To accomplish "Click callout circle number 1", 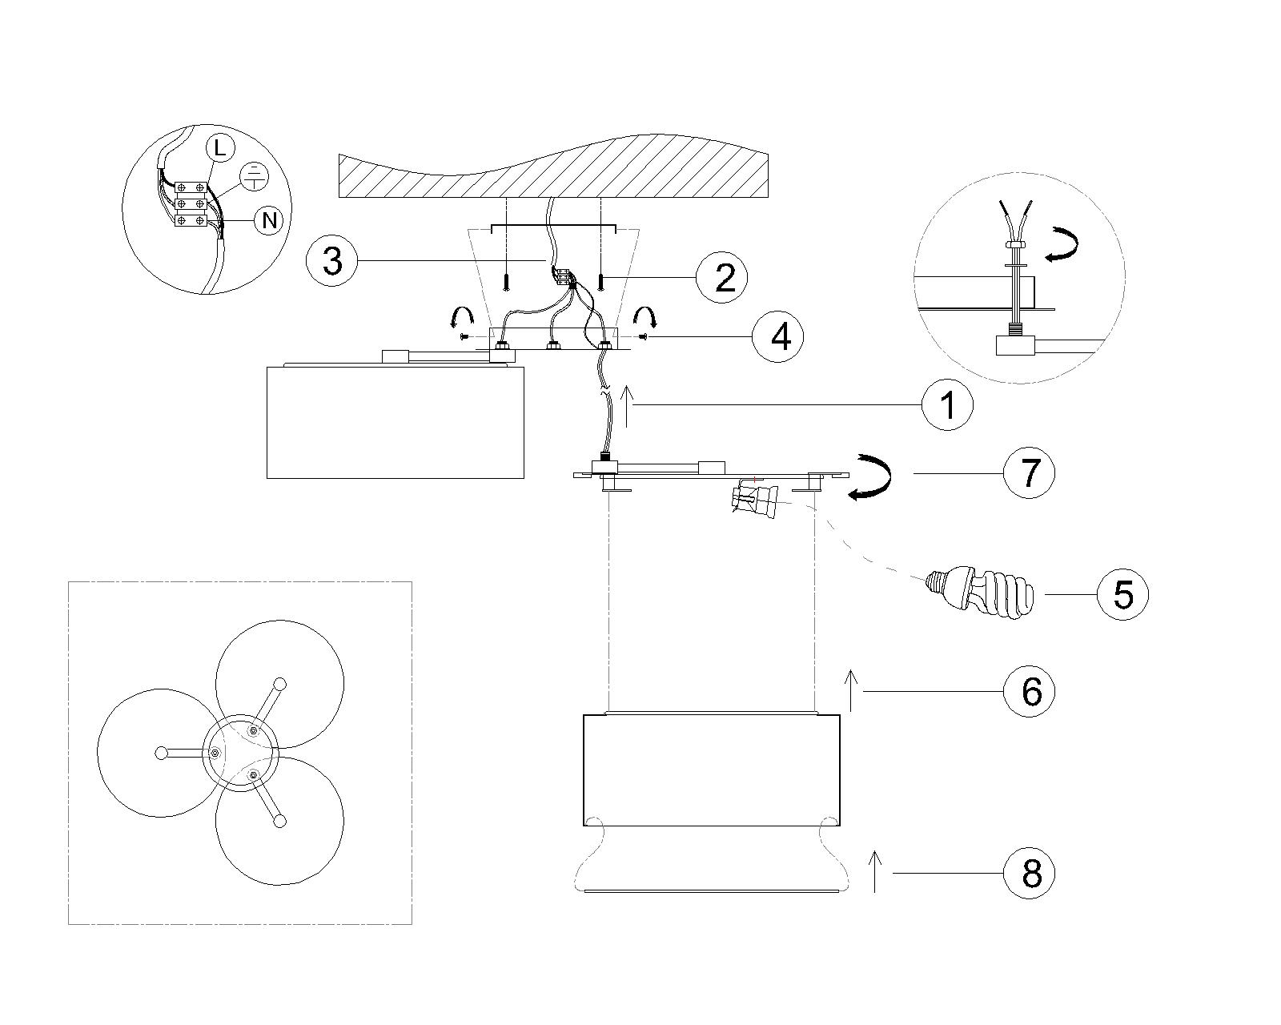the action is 947,405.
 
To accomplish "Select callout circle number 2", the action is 722,277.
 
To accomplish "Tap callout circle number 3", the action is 332,260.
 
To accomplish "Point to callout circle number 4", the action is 778,336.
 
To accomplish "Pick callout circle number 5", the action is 1122,594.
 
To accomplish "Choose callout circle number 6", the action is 1030,691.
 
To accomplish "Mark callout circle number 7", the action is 1030,473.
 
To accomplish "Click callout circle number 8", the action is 1030,874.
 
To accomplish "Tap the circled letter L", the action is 220,148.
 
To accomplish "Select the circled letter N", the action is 269,220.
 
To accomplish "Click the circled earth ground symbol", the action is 254,176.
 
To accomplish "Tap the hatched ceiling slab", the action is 553,167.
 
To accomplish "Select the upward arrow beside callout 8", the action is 874,870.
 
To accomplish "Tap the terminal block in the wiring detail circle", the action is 191,204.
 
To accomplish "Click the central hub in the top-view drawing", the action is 240,753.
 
